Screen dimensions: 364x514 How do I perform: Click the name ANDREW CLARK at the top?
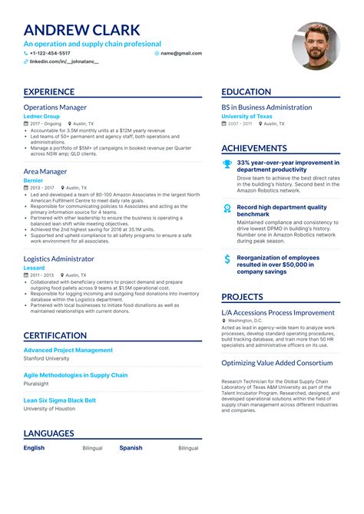[x=82, y=31]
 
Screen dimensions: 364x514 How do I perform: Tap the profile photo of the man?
[x=315, y=45]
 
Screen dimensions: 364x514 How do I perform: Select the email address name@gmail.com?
[x=181, y=54]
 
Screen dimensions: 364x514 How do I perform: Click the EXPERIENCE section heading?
[x=49, y=92]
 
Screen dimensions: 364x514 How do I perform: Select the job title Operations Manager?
[x=55, y=107]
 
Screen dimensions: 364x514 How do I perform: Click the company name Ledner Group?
[x=41, y=116]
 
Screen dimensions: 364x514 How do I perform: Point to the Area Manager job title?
[x=45, y=172]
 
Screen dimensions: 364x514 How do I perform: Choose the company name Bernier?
[x=33, y=180]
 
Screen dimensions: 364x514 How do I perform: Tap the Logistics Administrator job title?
[x=59, y=259]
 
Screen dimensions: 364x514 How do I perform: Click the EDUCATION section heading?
[x=246, y=92]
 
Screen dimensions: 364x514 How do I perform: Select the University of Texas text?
[x=248, y=116]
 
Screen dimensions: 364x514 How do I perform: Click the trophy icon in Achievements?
[x=227, y=163]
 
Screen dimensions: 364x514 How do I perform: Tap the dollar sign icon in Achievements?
[x=227, y=259]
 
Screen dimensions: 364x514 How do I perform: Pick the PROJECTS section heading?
[x=243, y=297]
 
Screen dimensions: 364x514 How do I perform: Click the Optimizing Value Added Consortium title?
[x=277, y=363]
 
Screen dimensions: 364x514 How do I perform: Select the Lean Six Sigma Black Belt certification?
[x=60, y=400]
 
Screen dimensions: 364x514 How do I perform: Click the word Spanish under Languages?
[x=131, y=448]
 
